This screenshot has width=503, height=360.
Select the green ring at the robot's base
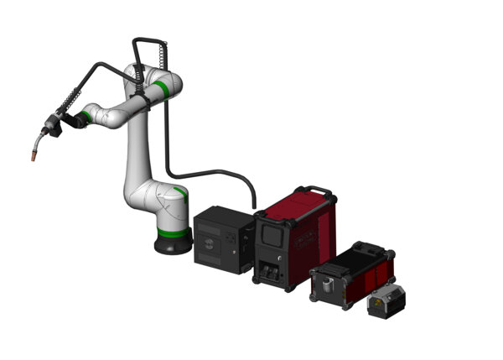tap(171, 223)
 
